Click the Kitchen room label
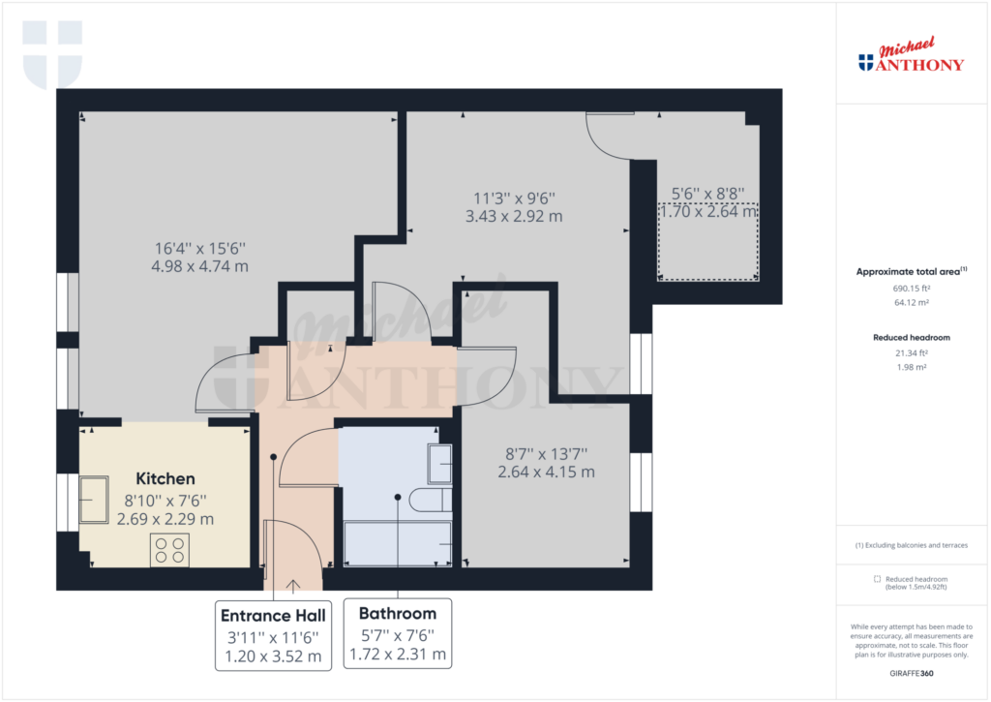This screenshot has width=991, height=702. tap(165, 478)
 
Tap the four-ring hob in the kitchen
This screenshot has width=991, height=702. tap(170, 550)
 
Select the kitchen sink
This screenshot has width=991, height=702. tap(94, 500)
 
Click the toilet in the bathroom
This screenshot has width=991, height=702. tap(431, 500)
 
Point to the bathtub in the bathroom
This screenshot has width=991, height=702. tap(398, 543)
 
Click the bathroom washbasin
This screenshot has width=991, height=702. tap(440, 464)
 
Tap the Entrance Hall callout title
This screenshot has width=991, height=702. tap(273, 616)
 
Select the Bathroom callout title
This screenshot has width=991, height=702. tap(398, 614)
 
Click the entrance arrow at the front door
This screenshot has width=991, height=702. tap(292, 586)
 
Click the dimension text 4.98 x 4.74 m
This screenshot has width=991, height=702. tap(199, 266)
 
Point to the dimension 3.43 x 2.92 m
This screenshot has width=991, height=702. tap(514, 216)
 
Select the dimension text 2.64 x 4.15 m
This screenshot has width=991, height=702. tap(546, 472)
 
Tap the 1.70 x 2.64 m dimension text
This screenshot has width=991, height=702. tap(707, 211)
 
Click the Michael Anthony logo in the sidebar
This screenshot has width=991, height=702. tap(911, 55)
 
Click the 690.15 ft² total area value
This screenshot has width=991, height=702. tap(912, 289)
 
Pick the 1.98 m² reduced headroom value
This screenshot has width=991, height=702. tap(912, 367)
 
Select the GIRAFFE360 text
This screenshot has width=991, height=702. tap(912, 674)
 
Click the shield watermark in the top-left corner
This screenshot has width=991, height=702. tap(52, 54)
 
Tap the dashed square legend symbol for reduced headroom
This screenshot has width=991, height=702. tap(877, 579)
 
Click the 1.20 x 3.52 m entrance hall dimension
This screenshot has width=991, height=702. tap(273, 656)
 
